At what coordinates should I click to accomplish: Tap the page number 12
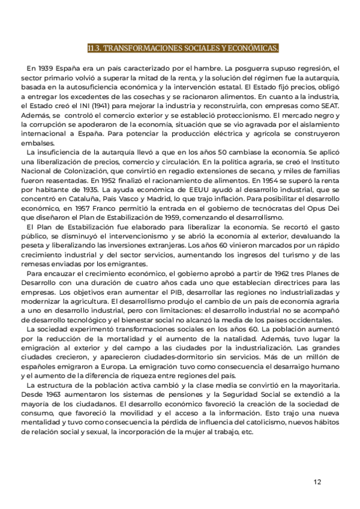pyautogui.click(x=317, y=481)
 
